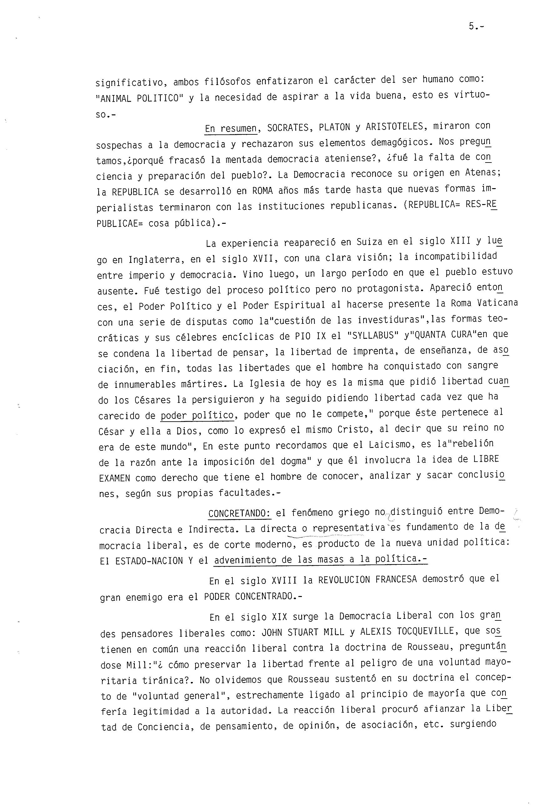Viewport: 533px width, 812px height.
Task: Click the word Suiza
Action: point(369,242)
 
